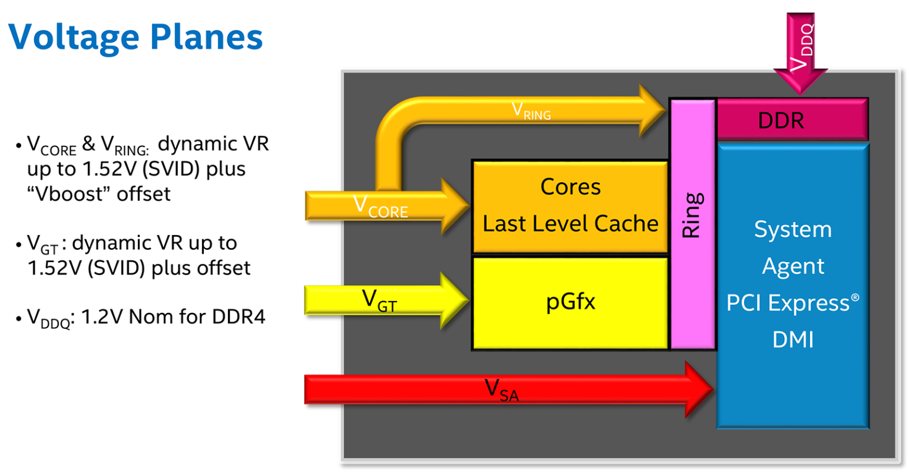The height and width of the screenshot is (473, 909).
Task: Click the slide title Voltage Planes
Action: point(136,36)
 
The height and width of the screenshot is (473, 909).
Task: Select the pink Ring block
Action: point(692,223)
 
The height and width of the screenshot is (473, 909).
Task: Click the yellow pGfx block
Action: point(570,303)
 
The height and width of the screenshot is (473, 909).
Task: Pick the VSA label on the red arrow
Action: point(501,390)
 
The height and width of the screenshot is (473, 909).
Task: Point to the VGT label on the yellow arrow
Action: point(379,302)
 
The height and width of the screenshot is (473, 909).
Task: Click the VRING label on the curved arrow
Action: point(531,111)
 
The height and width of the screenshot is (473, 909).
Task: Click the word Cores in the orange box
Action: point(570,187)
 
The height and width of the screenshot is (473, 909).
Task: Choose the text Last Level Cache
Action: point(570,223)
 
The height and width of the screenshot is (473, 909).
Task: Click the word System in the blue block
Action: point(793,229)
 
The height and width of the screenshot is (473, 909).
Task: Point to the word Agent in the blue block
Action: point(793,266)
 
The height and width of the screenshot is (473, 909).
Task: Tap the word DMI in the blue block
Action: point(793,339)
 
